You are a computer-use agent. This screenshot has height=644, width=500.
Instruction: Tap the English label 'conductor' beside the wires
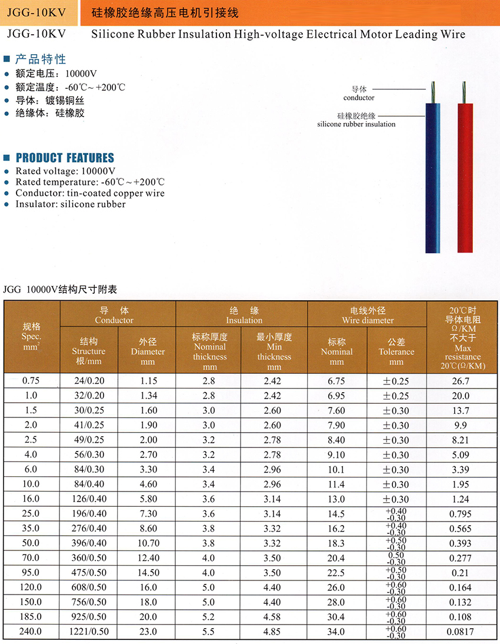[x=359, y=98]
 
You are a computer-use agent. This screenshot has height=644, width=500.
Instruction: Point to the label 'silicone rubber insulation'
[x=356, y=124]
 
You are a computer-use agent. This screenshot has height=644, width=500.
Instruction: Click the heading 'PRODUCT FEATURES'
[x=65, y=158]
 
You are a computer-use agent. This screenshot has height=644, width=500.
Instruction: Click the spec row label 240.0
[x=31, y=632]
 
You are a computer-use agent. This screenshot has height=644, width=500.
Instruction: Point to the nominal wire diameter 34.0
[x=336, y=632]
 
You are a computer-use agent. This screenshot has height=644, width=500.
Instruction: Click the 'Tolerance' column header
[x=396, y=351]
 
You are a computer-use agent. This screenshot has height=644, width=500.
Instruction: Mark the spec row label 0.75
[x=31, y=381]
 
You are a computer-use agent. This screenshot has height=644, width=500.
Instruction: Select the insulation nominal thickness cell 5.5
[x=209, y=632]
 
